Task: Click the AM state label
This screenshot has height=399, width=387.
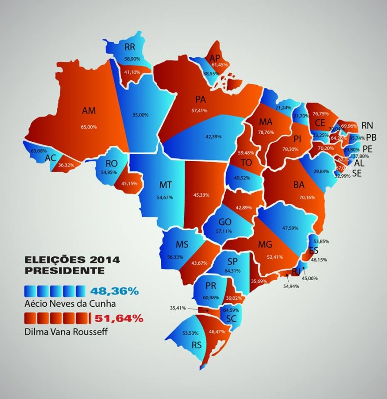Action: coord(89,111)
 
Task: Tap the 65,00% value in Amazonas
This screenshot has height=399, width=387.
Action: coord(89,126)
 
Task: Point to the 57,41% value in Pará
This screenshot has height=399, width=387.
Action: coord(199,110)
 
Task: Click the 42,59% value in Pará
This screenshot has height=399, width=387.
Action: coord(214,137)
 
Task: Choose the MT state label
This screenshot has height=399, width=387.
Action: coord(166,185)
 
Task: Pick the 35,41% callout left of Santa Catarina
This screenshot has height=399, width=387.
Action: coord(178,308)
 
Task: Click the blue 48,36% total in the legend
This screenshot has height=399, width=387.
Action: coord(114,291)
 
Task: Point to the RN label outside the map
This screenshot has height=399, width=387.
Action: coord(367,125)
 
